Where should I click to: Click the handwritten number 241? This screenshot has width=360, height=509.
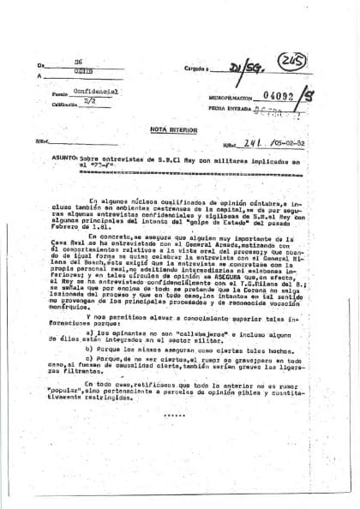pyautogui.click(x=225, y=143)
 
